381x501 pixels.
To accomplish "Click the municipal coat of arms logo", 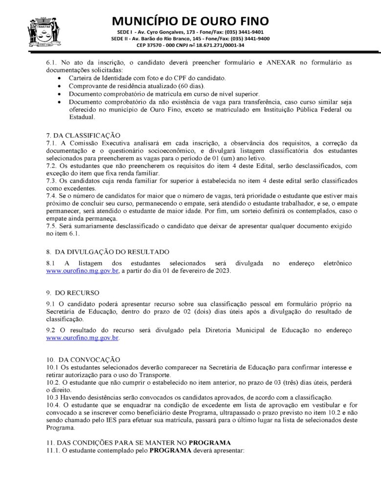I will click(43, 31).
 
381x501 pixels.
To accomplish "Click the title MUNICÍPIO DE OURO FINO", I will click(190, 21).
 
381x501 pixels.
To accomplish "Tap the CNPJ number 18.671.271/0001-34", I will click(220, 45).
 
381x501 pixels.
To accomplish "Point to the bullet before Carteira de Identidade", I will click(60, 78).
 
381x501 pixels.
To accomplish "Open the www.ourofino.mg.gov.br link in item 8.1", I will click(82, 271).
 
